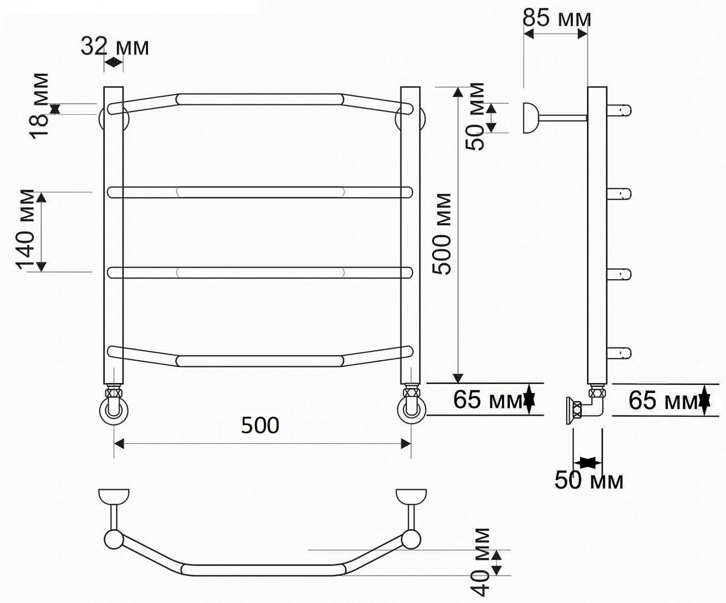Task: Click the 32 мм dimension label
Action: tap(114, 47)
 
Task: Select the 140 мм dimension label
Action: tap(25, 229)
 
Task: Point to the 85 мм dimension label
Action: tap(557, 18)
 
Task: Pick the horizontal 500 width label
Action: tap(260, 425)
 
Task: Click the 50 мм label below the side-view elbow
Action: tap(589, 480)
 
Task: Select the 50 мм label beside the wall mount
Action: tap(475, 117)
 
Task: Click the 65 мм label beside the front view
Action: tap(488, 400)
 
